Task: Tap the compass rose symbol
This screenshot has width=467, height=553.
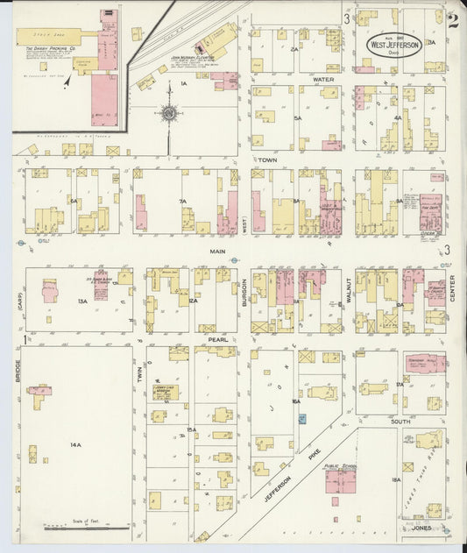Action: [166, 112]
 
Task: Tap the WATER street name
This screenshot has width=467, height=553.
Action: [323, 80]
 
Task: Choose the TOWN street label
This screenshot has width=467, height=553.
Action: [267, 160]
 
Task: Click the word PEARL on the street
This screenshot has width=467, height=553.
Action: [218, 338]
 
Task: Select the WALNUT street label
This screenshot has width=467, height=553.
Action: [348, 289]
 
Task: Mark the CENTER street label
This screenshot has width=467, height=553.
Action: [453, 289]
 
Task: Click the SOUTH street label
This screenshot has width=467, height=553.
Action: [401, 422]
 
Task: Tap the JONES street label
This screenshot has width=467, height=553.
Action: [421, 529]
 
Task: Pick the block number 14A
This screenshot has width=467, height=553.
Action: [75, 444]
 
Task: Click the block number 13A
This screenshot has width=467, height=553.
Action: [81, 301]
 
